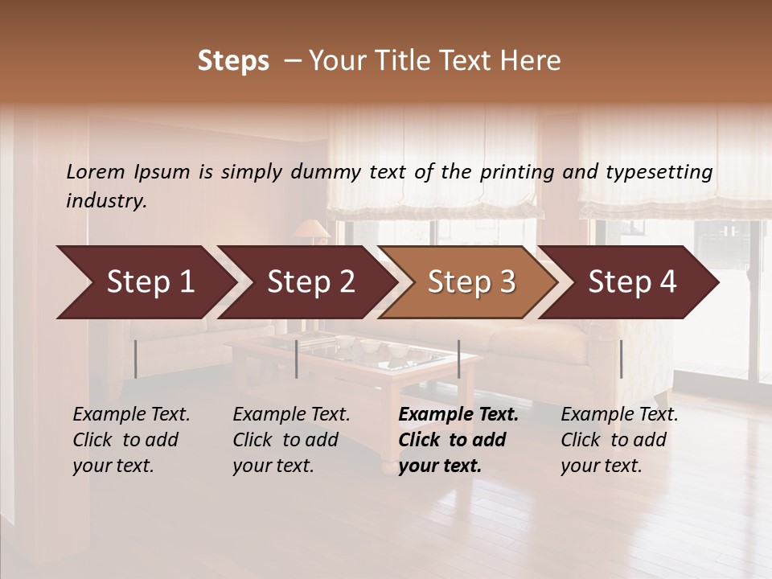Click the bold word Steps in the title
coord(233,61)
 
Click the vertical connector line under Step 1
coord(136,359)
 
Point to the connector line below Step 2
coord(297,359)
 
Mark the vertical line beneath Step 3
coord(458,359)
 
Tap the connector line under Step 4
coord(621,359)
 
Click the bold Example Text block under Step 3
coord(458,440)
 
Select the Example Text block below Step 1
coord(131,440)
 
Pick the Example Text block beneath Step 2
coord(291,440)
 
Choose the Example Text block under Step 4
coord(619,440)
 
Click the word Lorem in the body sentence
coord(96,171)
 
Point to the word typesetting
coord(663,172)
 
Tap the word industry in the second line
coord(106,201)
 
